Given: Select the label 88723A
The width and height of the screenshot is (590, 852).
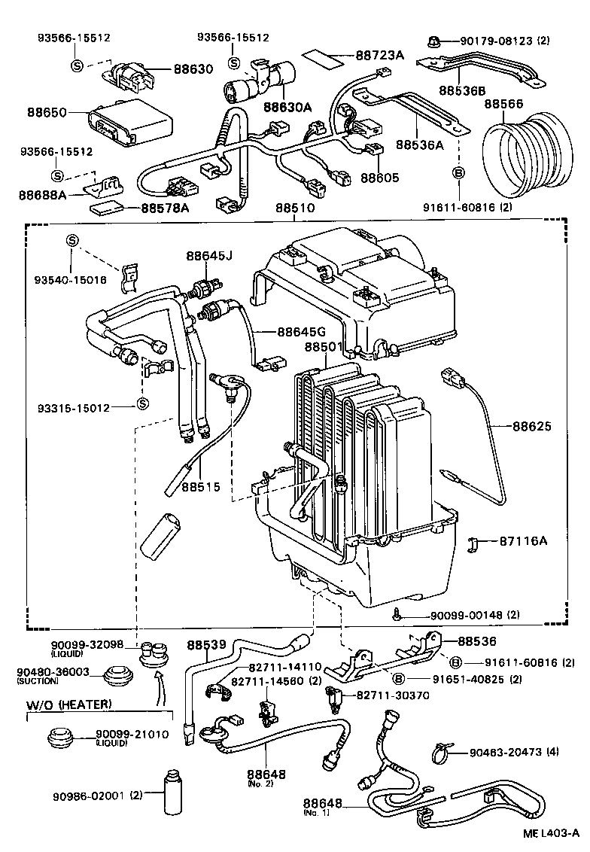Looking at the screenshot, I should [381, 56].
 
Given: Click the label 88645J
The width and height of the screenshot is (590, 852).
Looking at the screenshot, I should [209, 257].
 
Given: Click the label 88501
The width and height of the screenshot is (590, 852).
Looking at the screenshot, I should [324, 347].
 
